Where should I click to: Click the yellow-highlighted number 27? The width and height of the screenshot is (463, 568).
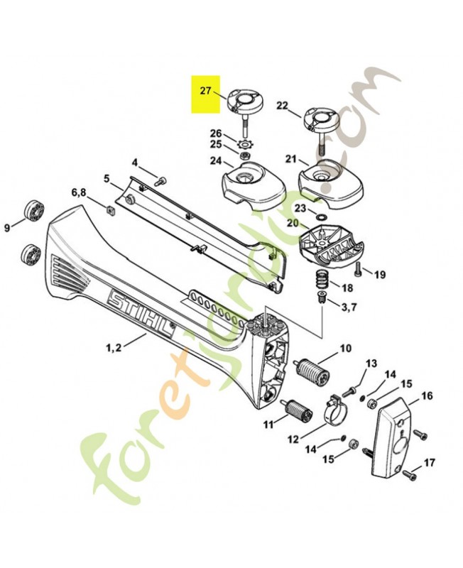206,91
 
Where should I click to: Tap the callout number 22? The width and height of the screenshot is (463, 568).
282,106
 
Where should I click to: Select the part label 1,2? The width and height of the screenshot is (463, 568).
113,348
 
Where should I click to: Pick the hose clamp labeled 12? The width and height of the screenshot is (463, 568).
330,412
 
